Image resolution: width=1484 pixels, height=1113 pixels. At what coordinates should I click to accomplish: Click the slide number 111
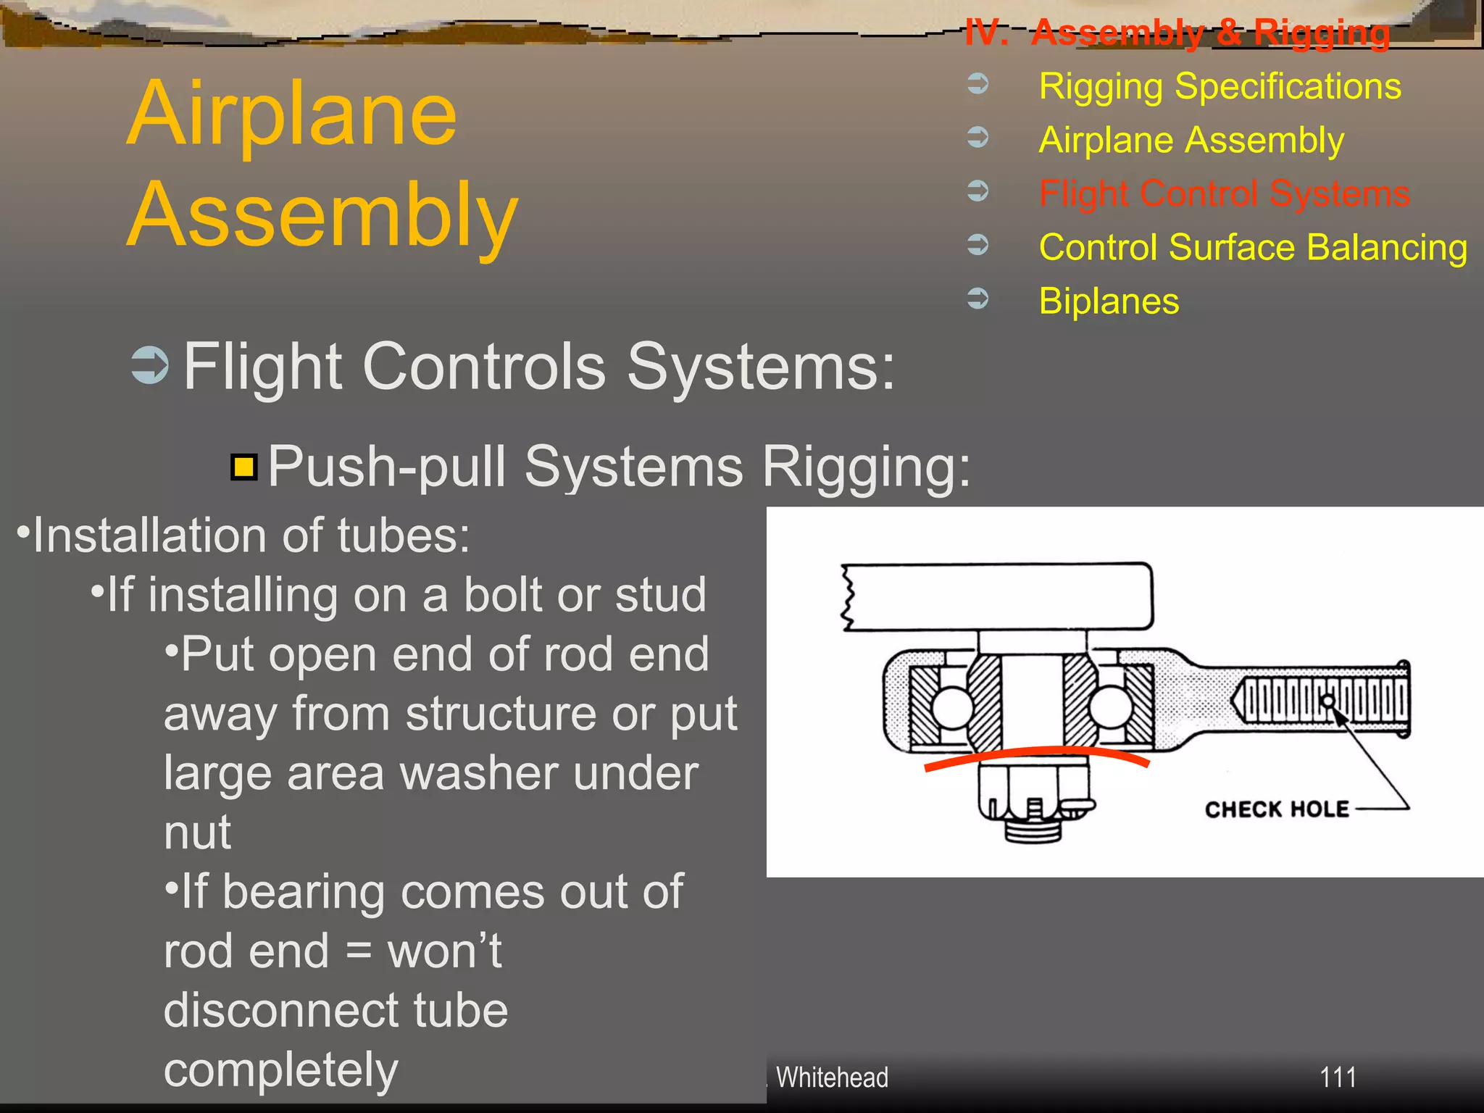[1338, 1077]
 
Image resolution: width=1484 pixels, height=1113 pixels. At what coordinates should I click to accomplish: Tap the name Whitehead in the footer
[832, 1077]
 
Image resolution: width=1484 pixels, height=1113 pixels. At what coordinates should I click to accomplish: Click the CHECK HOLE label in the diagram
[1277, 809]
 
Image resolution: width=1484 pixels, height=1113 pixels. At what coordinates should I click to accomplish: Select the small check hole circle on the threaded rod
[1328, 701]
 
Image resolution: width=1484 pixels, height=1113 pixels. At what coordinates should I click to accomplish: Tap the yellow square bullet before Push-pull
[244, 467]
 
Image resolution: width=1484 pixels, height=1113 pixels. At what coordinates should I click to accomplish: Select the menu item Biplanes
[1109, 301]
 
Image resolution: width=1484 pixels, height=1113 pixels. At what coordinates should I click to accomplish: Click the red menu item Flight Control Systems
[1224, 193]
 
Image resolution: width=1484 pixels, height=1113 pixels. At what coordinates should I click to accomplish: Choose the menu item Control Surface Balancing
[1253, 247]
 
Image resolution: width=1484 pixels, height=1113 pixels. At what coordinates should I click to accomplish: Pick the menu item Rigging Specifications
[1220, 86]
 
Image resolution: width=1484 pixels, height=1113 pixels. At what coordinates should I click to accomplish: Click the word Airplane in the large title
[292, 114]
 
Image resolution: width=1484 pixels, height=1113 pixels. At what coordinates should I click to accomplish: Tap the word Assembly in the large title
[322, 215]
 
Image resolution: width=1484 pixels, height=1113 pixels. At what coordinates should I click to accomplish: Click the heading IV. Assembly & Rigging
[1177, 33]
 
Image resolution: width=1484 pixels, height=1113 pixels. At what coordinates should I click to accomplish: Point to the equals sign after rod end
[359, 951]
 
